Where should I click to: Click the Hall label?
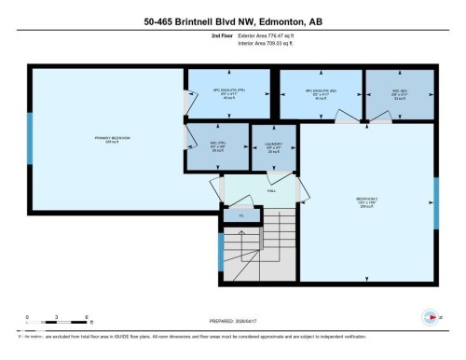271,189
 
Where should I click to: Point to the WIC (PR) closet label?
216,145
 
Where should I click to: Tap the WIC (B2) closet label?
401,93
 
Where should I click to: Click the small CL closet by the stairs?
240,215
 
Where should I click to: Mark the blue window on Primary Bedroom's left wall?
30,139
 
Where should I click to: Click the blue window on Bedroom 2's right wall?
435,201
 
